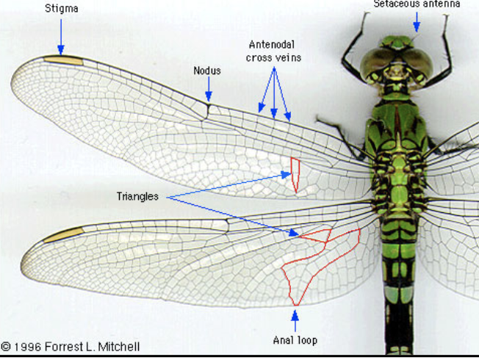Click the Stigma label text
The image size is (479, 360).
click(x=61, y=9)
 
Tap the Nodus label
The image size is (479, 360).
click(x=207, y=71)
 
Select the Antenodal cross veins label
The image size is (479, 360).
click(x=274, y=51)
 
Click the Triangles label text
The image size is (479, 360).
click(x=137, y=197)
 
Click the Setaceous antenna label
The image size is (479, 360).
click(x=417, y=4)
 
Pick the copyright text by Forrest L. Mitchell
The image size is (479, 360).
click(x=71, y=347)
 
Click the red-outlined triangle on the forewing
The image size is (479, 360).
click(x=295, y=173)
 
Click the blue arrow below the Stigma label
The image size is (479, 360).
click(x=61, y=35)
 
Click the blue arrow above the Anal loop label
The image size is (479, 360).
click(x=295, y=320)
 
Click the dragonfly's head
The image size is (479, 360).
click(x=395, y=59)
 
